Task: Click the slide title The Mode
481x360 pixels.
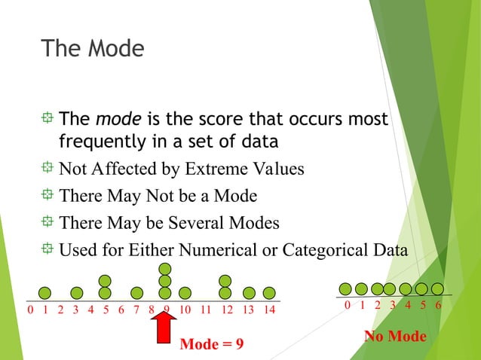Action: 92,49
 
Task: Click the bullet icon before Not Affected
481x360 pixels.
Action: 48,168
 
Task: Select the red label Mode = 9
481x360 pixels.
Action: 212,344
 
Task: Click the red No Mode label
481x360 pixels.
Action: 395,336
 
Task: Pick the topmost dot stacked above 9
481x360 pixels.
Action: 165,269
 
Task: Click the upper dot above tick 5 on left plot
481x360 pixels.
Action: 105,281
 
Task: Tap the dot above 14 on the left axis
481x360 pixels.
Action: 268,293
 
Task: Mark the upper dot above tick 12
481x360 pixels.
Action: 225,281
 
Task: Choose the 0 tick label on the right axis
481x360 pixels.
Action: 347,306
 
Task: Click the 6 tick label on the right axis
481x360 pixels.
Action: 438,306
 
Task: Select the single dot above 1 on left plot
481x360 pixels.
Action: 45,293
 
